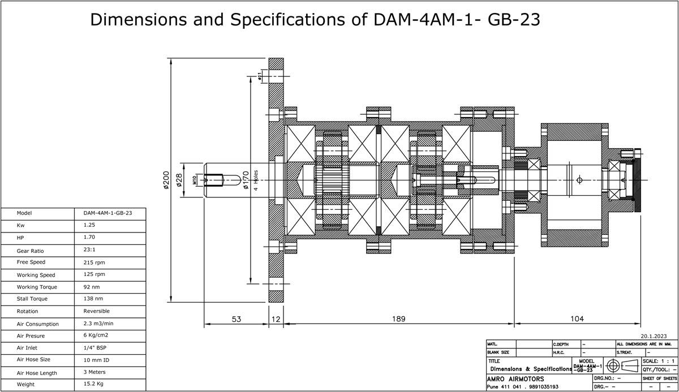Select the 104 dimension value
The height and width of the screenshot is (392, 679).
577,319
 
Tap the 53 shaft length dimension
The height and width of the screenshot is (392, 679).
236,319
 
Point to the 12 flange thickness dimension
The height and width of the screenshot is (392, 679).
276,319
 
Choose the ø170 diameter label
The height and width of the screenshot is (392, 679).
246,180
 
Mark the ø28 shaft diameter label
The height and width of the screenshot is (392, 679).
179,180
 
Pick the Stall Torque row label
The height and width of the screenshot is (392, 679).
32,299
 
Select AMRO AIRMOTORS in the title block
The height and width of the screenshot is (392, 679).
515,378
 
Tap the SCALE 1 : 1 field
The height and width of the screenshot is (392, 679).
659,361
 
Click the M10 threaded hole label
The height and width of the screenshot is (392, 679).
195,180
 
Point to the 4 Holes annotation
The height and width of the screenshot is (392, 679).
256,180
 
